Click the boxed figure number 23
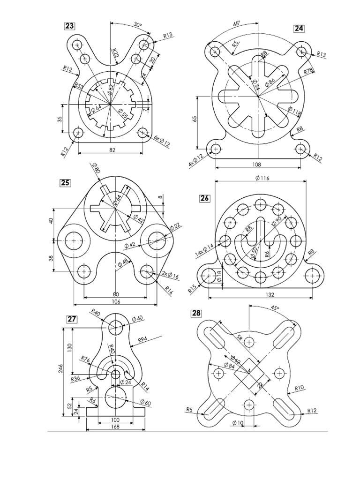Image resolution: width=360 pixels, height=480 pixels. point(69,26)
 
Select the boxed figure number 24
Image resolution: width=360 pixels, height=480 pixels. point(299,28)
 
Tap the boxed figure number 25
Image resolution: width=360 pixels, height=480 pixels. point(65,182)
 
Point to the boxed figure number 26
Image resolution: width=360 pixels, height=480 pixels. point(205,198)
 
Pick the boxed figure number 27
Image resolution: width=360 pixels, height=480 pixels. point(71,319)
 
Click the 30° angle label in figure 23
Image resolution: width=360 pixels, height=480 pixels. point(137,25)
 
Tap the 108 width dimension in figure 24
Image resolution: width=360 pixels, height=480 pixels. point(257,165)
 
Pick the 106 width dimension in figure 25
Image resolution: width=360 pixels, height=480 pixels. point(116,301)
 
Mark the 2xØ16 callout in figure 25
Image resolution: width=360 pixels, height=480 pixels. point(167,273)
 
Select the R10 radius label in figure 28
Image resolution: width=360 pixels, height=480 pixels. point(300,388)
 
